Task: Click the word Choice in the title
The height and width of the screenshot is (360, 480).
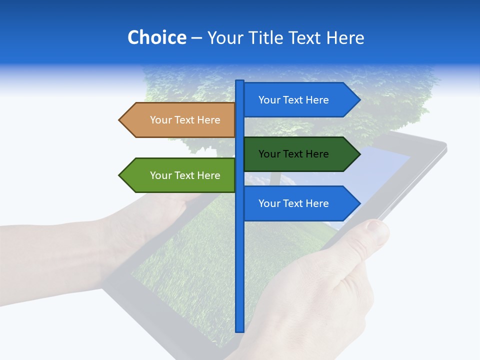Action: (156, 38)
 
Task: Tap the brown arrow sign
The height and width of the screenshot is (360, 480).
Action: (180, 120)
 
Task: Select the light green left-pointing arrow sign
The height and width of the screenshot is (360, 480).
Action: (180, 175)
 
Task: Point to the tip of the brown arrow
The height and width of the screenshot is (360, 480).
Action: (120, 120)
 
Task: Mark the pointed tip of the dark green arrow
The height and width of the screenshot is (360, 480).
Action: (359, 154)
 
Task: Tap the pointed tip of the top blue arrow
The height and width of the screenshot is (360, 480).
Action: (359, 100)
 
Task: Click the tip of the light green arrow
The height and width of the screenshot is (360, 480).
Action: (120, 175)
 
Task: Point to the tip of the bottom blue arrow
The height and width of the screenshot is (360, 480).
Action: (359, 203)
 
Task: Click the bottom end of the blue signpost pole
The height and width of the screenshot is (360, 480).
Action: (240, 330)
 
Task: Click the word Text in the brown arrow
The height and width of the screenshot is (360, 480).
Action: (185, 120)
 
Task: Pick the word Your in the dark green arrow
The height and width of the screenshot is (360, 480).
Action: (269, 154)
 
